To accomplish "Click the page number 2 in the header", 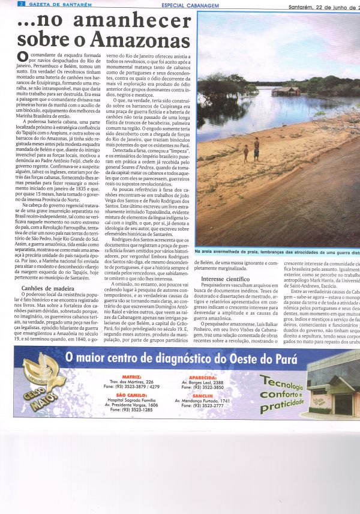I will point(21,4).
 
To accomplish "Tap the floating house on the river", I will point(287,91).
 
